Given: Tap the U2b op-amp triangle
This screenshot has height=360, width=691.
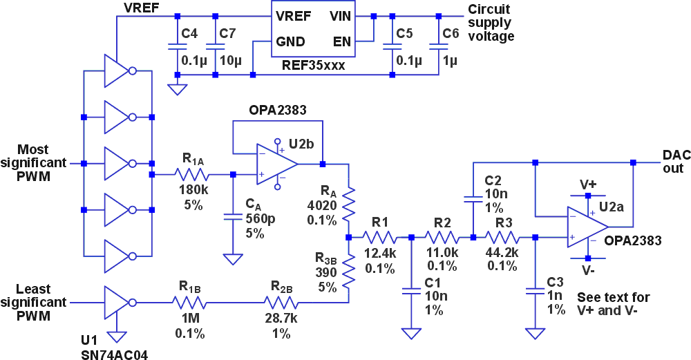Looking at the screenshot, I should click(275, 164).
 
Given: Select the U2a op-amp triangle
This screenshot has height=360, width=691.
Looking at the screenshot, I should click(585, 227).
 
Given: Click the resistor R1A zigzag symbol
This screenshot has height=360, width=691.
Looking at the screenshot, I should click(191, 175).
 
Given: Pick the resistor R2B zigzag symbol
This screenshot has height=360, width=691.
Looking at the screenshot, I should click(281, 302).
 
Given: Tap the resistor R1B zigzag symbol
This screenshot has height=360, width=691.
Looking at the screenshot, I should click(190, 302).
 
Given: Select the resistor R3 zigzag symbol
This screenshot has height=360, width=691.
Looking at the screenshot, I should click(504, 237).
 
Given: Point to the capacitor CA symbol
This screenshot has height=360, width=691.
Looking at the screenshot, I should click(233, 216).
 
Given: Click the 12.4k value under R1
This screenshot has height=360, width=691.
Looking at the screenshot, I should click(380, 254).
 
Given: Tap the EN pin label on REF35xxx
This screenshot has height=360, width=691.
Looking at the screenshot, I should click(341, 41).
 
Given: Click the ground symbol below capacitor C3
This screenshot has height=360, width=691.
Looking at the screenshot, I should click(533, 334).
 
